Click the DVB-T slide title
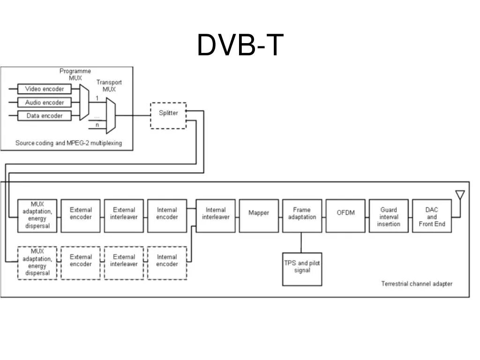(240, 45)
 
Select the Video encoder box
(45, 89)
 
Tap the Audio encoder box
(45, 102)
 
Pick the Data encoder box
(45, 116)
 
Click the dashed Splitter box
(168, 115)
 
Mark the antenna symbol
(460, 195)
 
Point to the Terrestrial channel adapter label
(417, 284)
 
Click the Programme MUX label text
(75, 75)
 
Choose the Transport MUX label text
(109, 85)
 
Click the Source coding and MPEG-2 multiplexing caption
(68, 143)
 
